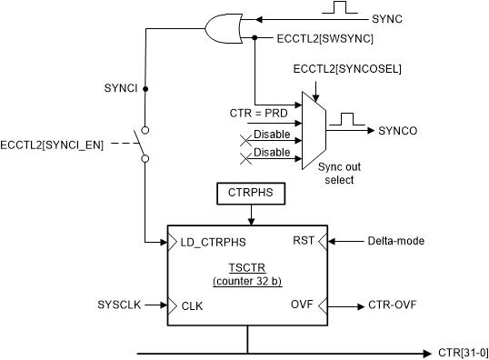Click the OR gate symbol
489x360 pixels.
coord(224,28)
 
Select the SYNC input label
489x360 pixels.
coord(389,18)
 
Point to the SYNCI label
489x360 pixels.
coord(122,89)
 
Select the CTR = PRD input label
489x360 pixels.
coord(258,113)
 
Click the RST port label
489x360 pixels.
coord(304,241)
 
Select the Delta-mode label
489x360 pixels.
coord(397,241)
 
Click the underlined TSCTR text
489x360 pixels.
coord(247,270)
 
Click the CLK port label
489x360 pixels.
coord(193,306)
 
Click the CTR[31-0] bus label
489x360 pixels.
coord(464,351)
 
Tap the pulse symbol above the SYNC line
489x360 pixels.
coord(341,9)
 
